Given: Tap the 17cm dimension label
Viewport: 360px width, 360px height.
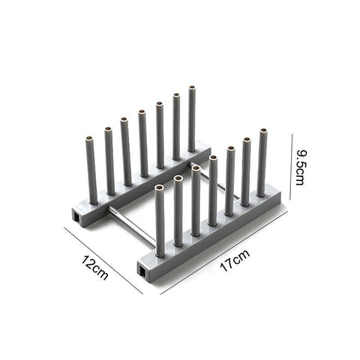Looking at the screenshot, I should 235,262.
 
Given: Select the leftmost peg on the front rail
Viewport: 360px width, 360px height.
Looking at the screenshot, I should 160,221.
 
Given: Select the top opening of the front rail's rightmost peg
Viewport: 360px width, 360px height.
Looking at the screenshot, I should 262,133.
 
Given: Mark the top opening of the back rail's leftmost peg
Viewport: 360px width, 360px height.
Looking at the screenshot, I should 90,140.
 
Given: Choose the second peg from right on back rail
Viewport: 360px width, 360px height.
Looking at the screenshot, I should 177,127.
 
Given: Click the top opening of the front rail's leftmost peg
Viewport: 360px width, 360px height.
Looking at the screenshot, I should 159,187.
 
